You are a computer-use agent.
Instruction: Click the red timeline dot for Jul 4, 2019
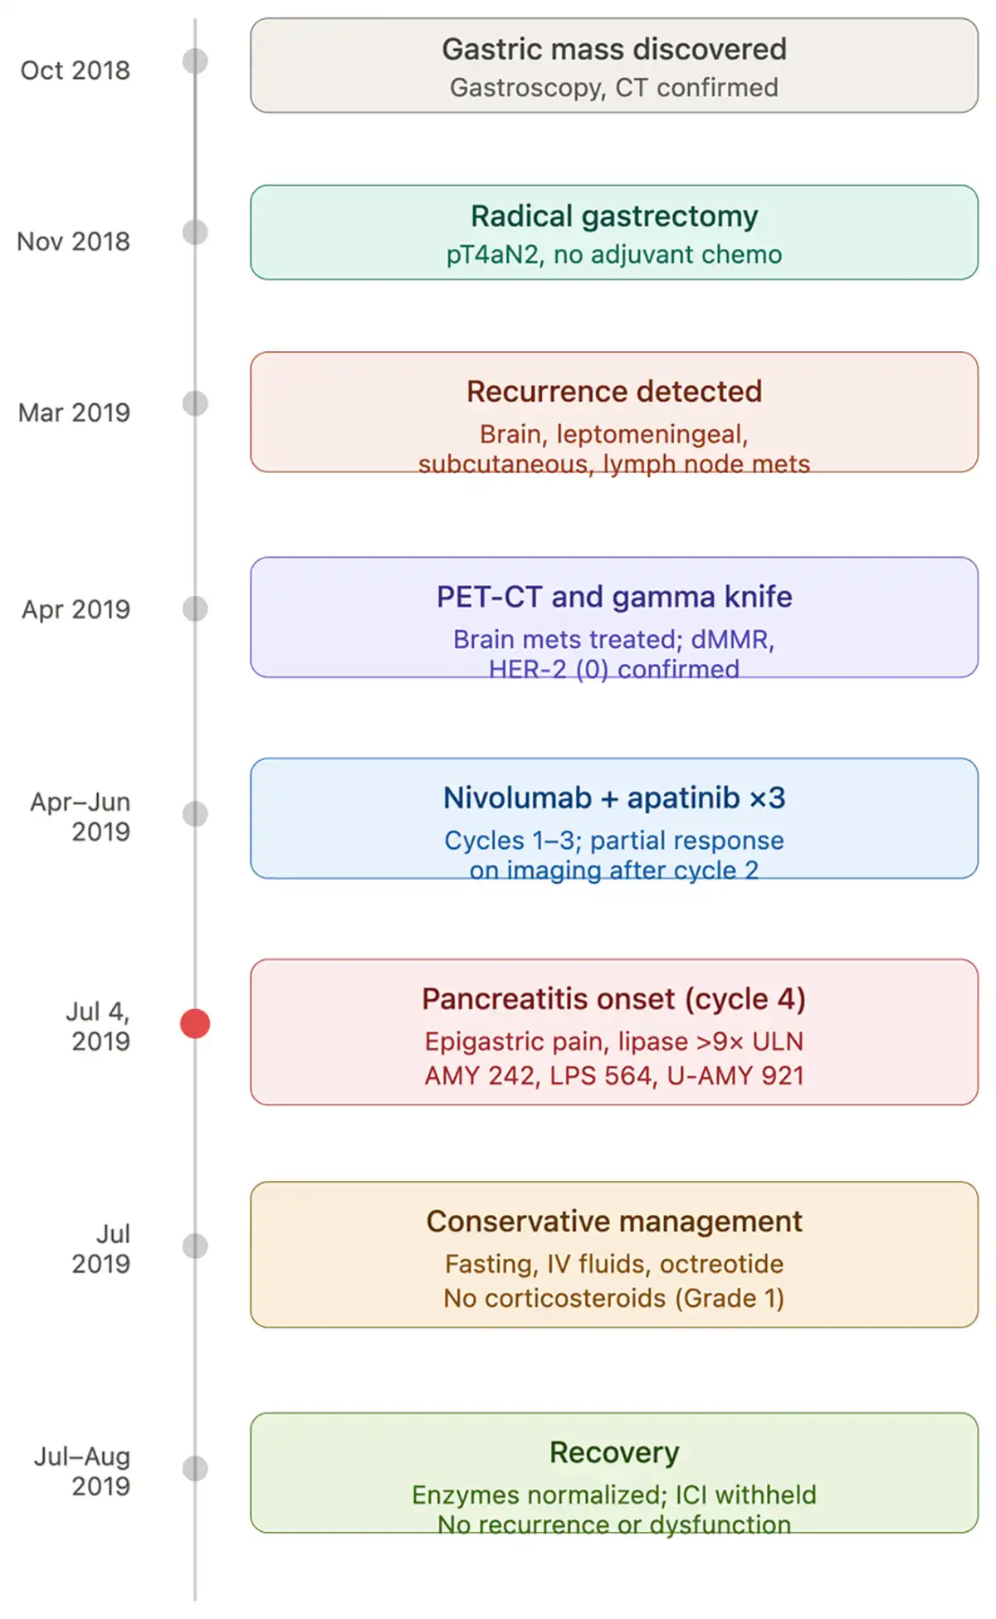click(x=195, y=1023)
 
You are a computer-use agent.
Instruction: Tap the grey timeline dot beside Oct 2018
click(x=195, y=61)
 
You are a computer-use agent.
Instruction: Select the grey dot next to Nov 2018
click(x=195, y=232)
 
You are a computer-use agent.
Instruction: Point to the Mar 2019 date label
click(x=74, y=412)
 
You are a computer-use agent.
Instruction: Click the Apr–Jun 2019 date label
click(x=81, y=817)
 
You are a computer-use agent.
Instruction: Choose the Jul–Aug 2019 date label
click(x=82, y=1471)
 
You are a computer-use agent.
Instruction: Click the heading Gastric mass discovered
click(x=614, y=49)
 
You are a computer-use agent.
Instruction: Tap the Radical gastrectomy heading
click(x=614, y=216)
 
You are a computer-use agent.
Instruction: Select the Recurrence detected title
click(x=614, y=391)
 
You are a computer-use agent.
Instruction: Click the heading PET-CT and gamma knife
click(x=614, y=597)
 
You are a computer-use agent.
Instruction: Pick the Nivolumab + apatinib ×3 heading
click(x=614, y=797)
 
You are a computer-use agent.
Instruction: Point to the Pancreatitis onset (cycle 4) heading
click(x=614, y=998)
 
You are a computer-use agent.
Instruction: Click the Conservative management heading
click(x=614, y=1222)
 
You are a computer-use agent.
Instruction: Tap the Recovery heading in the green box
click(x=614, y=1452)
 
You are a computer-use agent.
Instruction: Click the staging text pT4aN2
click(x=492, y=255)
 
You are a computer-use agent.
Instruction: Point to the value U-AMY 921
click(x=735, y=1075)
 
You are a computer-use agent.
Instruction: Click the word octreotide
click(x=721, y=1264)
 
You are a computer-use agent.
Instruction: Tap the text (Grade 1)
click(x=729, y=1298)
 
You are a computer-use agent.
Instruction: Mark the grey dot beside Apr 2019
click(x=195, y=608)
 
